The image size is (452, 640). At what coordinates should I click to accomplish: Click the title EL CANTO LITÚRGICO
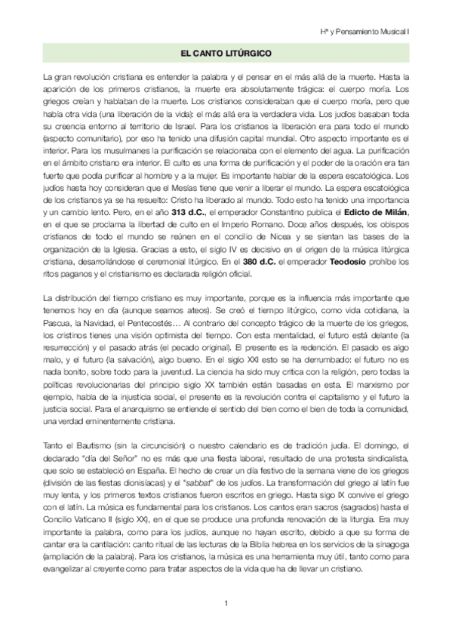(x=226, y=54)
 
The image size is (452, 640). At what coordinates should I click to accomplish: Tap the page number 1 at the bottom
(x=226, y=602)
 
